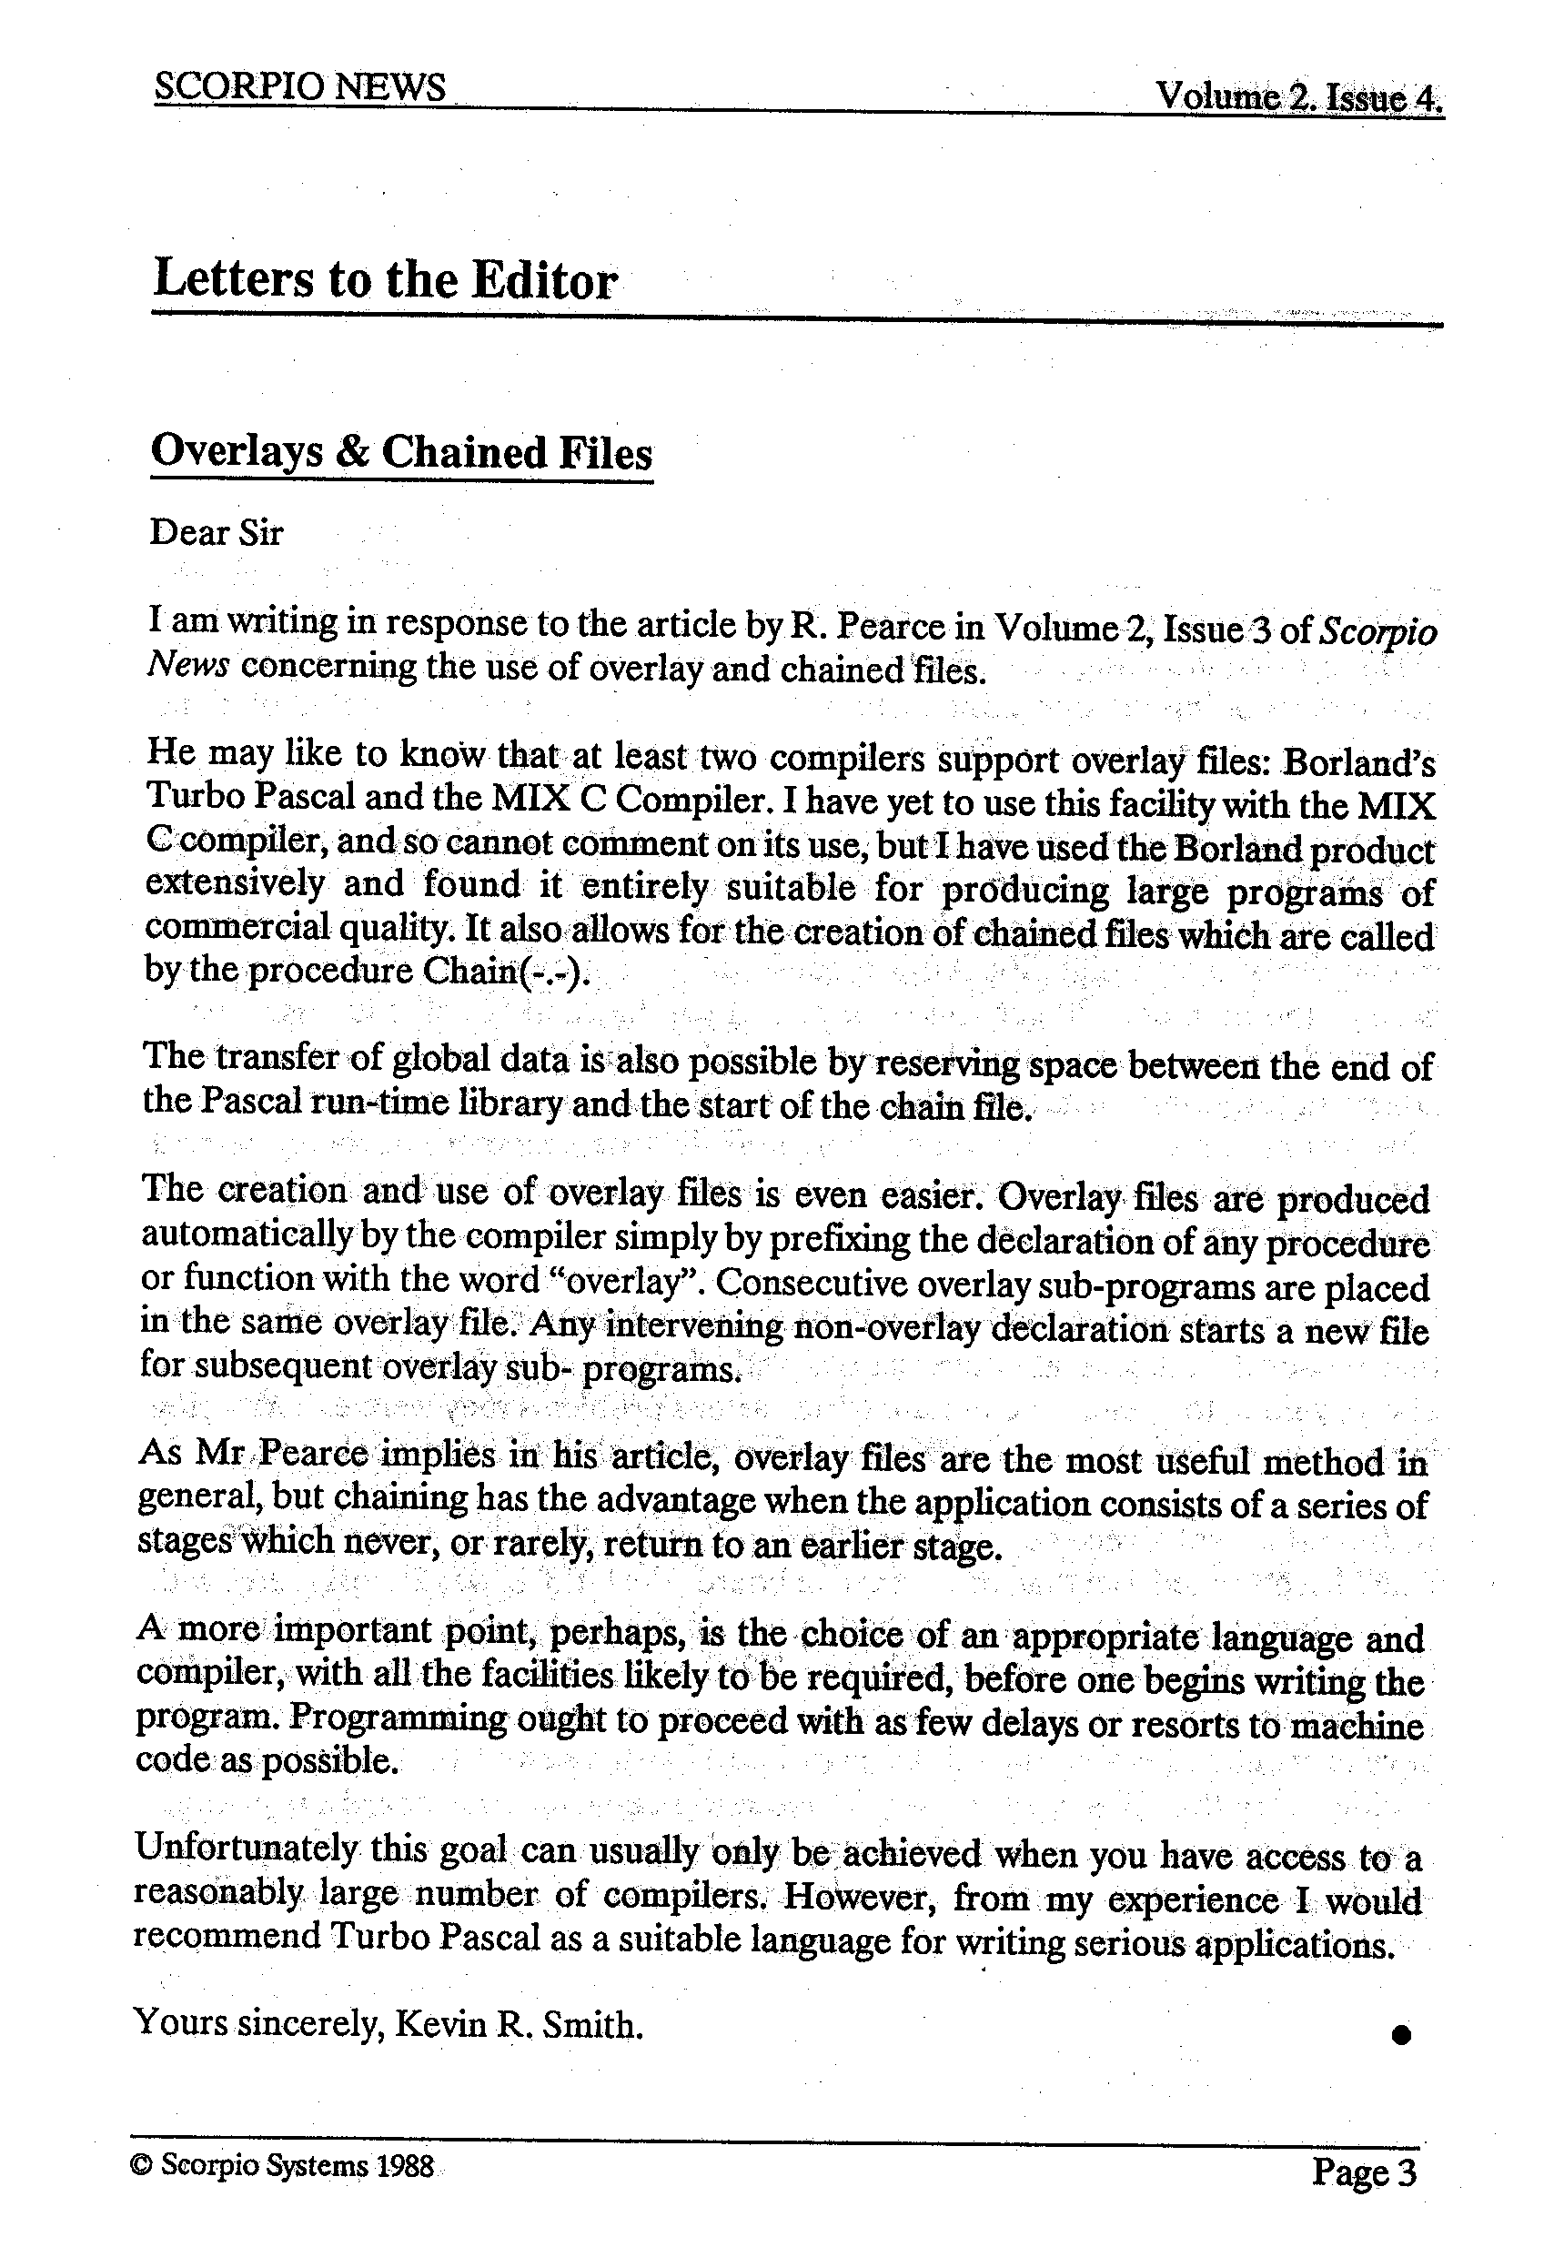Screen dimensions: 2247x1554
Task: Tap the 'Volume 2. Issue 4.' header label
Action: [1299, 97]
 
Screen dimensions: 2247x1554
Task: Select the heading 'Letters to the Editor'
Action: [386, 280]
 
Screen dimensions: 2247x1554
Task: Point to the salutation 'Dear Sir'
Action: [217, 533]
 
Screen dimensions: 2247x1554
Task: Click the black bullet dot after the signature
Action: [1401, 2035]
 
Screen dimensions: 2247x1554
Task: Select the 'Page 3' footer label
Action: [1364, 2171]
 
